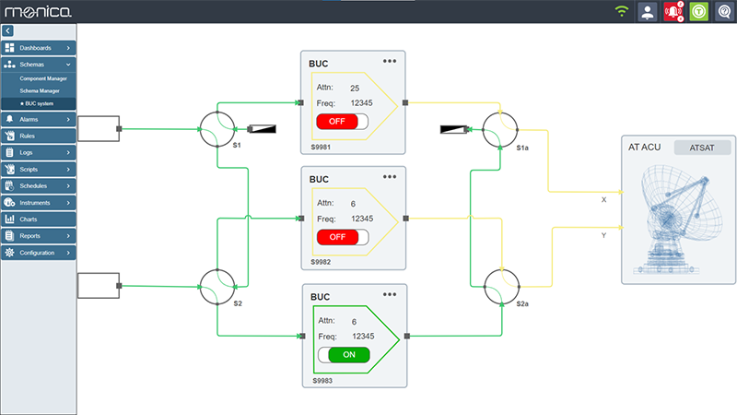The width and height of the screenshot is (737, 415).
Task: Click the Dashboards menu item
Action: click(37, 47)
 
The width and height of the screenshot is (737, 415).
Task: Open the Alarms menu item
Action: click(37, 120)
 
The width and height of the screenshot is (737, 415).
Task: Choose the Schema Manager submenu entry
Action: click(40, 91)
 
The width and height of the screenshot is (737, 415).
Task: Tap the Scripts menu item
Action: click(37, 170)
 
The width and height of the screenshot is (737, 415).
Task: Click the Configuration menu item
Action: click(37, 253)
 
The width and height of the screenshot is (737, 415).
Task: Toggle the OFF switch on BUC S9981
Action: click(341, 121)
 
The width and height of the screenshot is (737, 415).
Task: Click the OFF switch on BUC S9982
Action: click(341, 237)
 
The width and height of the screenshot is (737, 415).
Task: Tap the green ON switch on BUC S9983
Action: click(343, 354)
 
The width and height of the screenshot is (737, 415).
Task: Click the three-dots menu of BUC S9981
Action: click(390, 61)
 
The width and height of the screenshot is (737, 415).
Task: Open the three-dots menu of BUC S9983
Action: click(390, 294)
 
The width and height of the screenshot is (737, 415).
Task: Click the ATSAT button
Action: click(702, 148)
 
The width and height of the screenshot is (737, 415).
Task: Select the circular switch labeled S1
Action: click(218, 129)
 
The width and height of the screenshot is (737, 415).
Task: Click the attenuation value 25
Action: click(354, 87)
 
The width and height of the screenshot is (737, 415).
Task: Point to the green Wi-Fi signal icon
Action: click(622, 12)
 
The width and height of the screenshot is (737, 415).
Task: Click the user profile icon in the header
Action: click(648, 12)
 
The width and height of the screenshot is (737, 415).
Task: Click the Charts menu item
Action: click(37, 219)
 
